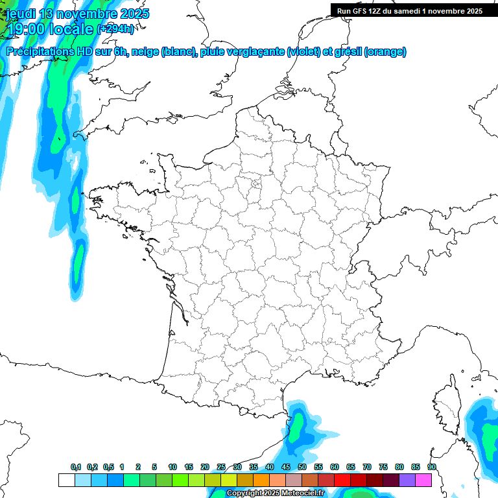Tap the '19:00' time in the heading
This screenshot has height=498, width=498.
(27, 29)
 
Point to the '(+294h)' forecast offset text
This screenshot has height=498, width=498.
(116, 29)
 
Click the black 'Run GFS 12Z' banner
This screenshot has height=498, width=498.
(409, 10)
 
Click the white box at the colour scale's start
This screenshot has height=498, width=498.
(66, 480)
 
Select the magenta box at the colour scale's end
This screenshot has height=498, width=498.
(424, 480)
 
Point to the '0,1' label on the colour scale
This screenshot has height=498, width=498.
(76, 468)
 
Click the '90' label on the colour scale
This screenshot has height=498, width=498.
(432, 468)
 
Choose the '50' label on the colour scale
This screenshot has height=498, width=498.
(302, 468)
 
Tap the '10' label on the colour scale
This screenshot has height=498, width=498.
(172, 468)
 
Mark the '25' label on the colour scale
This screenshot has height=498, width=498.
(221, 468)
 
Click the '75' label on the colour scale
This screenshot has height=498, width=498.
(383, 468)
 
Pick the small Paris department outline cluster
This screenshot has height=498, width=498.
(256, 185)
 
